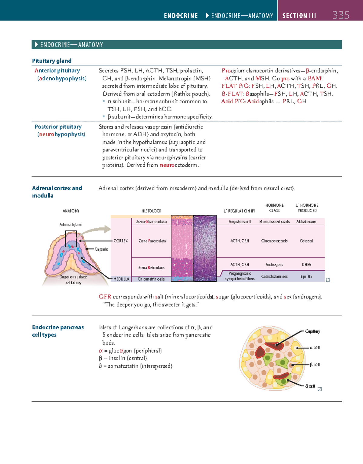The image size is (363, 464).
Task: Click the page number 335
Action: [341, 15]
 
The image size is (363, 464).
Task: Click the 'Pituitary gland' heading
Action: [52, 61]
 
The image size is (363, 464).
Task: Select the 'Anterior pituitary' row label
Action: [57, 71]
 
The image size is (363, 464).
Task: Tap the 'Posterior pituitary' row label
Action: [58, 127]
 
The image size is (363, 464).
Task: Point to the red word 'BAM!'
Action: [315, 78]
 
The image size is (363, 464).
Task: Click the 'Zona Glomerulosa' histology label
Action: [151, 221]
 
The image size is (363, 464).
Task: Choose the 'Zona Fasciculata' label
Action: [152, 241]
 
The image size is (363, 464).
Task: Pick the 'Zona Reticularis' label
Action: [151, 268]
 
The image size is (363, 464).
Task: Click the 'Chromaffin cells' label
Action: [151, 279]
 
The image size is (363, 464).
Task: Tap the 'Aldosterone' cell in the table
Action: [306, 221]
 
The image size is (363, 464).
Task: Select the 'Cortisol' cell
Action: [306, 241]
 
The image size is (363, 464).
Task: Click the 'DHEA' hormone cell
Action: [306, 265]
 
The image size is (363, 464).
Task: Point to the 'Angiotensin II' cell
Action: [240, 221]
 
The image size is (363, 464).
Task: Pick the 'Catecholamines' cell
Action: [274, 276]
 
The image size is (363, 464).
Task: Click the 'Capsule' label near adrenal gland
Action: [101, 249]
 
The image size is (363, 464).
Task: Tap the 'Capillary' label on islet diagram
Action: [312, 331]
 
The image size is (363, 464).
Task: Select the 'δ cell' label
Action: [310, 386]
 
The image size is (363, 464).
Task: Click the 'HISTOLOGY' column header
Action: [151, 211]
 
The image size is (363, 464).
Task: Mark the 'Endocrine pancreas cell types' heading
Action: [58, 331]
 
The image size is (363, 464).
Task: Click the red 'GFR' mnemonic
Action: [105, 297]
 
